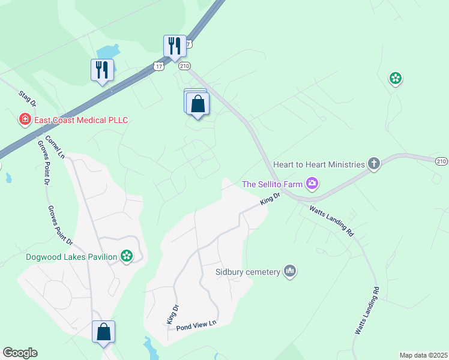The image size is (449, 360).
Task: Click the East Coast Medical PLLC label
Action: (x=81, y=120)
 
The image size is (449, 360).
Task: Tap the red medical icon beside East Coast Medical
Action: (x=25, y=119)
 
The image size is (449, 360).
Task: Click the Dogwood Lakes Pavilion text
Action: (x=71, y=257)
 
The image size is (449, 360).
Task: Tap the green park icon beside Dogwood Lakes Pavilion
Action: (x=126, y=257)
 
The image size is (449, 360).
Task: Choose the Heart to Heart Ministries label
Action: (x=319, y=164)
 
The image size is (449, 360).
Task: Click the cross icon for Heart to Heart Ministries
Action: (x=374, y=163)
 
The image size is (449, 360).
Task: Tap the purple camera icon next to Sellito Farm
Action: (x=312, y=184)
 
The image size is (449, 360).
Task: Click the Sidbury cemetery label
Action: (x=248, y=272)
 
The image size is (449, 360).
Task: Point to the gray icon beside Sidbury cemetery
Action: (x=291, y=272)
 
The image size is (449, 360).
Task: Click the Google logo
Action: (x=20, y=353)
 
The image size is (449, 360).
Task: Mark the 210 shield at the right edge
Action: (x=441, y=161)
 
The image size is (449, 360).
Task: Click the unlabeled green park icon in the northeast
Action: (x=396, y=77)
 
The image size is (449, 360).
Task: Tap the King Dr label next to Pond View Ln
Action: (x=172, y=316)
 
